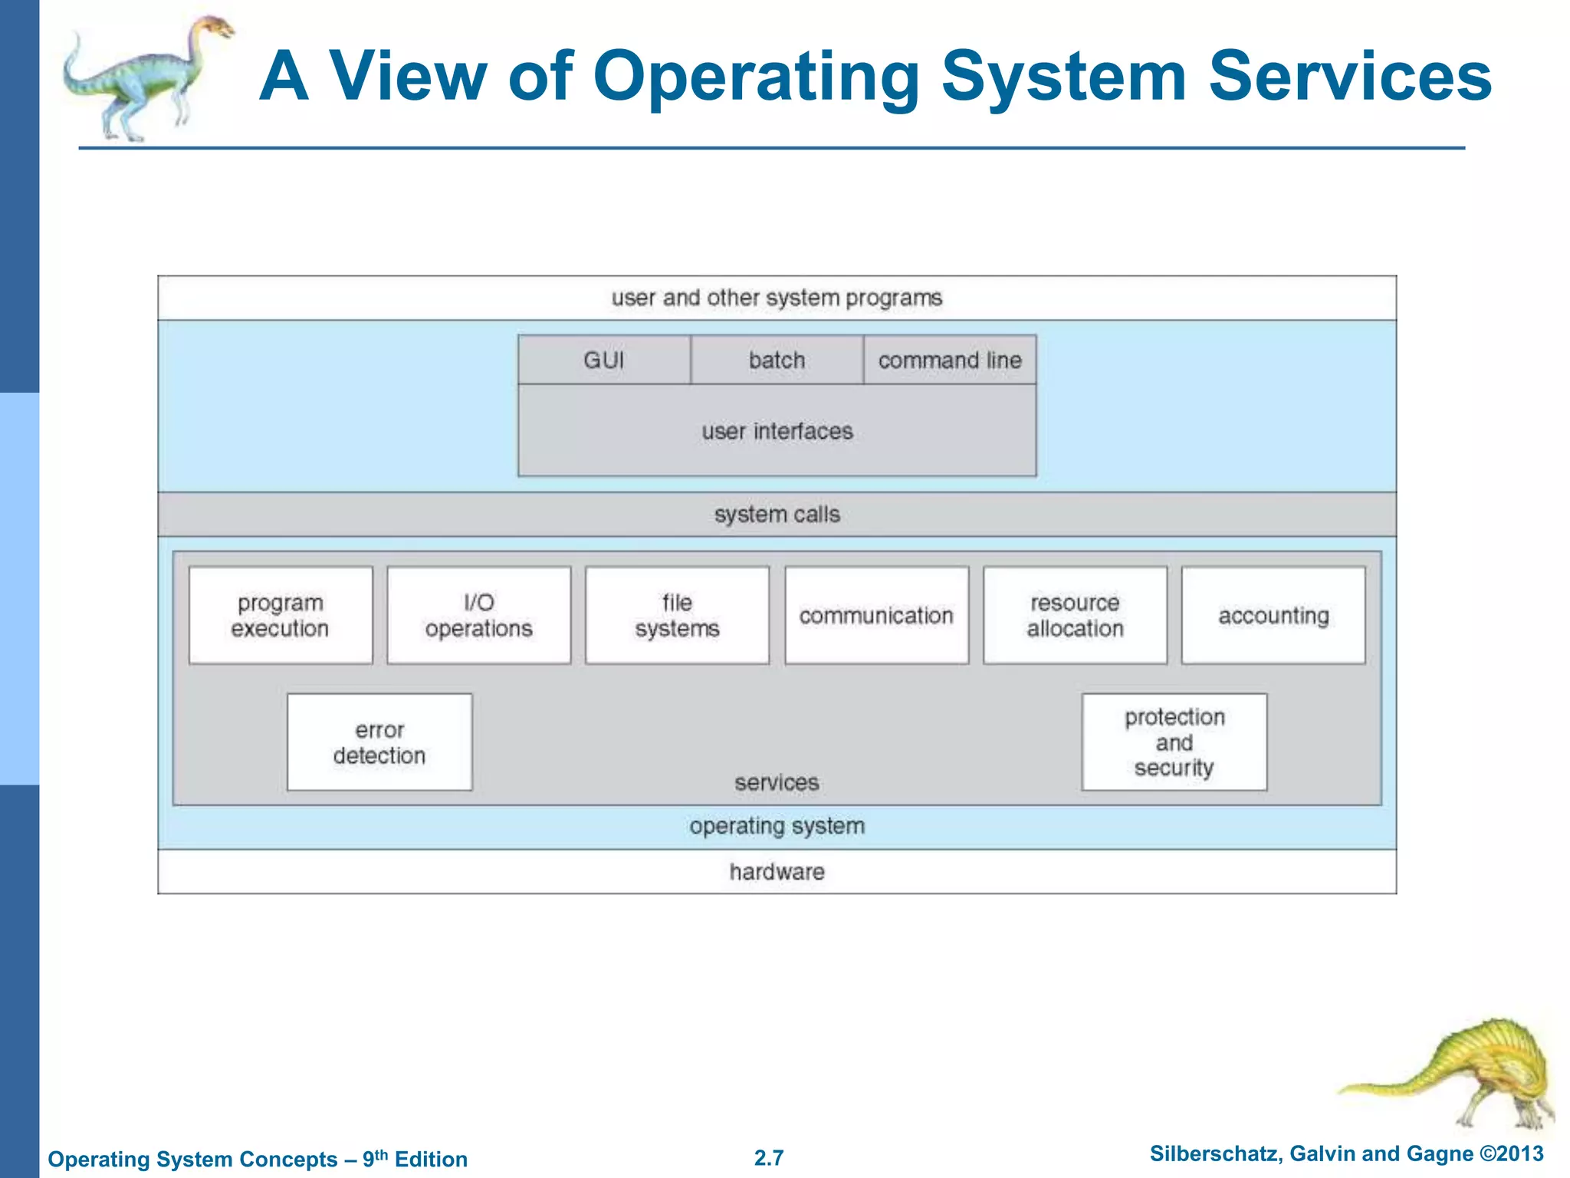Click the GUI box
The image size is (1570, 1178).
click(x=604, y=360)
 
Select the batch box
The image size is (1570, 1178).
click(x=777, y=360)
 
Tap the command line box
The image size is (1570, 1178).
click(x=950, y=360)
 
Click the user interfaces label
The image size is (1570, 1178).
click(x=777, y=431)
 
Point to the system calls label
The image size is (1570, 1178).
click(x=777, y=514)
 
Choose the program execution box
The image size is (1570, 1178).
click(x=281, y=615)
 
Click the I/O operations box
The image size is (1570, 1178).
click(x=479, y=615)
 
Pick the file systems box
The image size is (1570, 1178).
click(x=677, y=615)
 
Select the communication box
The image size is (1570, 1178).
click(x=876, y=615)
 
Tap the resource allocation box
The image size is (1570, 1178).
click(x=1075, y=615)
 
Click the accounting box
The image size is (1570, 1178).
click(x=1273, y=615)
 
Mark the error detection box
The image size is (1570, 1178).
click(x=379, y=742)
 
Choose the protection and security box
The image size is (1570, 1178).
click(x=1174, y=742)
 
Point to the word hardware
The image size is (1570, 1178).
click(x=777, y=872)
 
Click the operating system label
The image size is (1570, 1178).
click(x=777, y=826)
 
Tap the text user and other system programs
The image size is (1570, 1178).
click(x=777, y=298)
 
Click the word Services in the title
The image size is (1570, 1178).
click(x=1350, y=77)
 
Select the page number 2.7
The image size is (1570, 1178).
click(x=769, y=1157)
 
